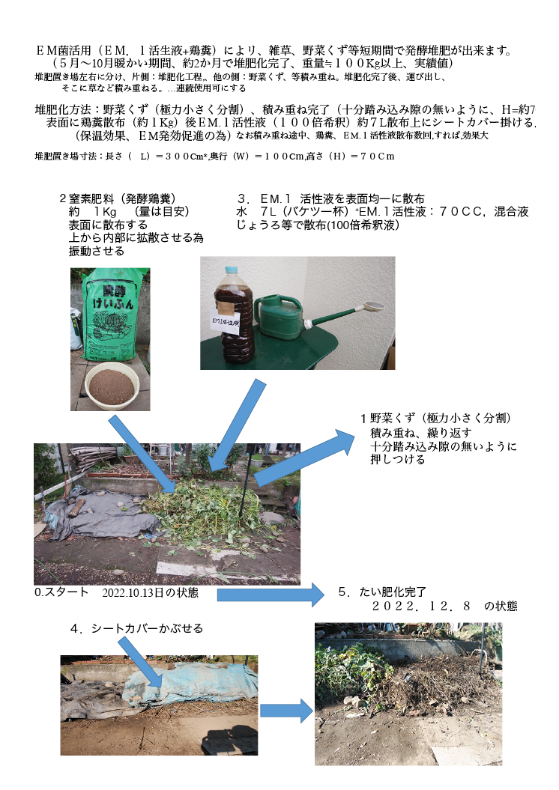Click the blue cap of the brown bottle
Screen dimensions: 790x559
[x=232, y=270]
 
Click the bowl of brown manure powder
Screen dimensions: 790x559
[x=112, y=385]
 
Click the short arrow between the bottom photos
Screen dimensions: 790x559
[x=285, y=710]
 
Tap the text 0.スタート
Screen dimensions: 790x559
[x=62, y=592]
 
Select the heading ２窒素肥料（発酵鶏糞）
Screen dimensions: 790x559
[x=117, y=198]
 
